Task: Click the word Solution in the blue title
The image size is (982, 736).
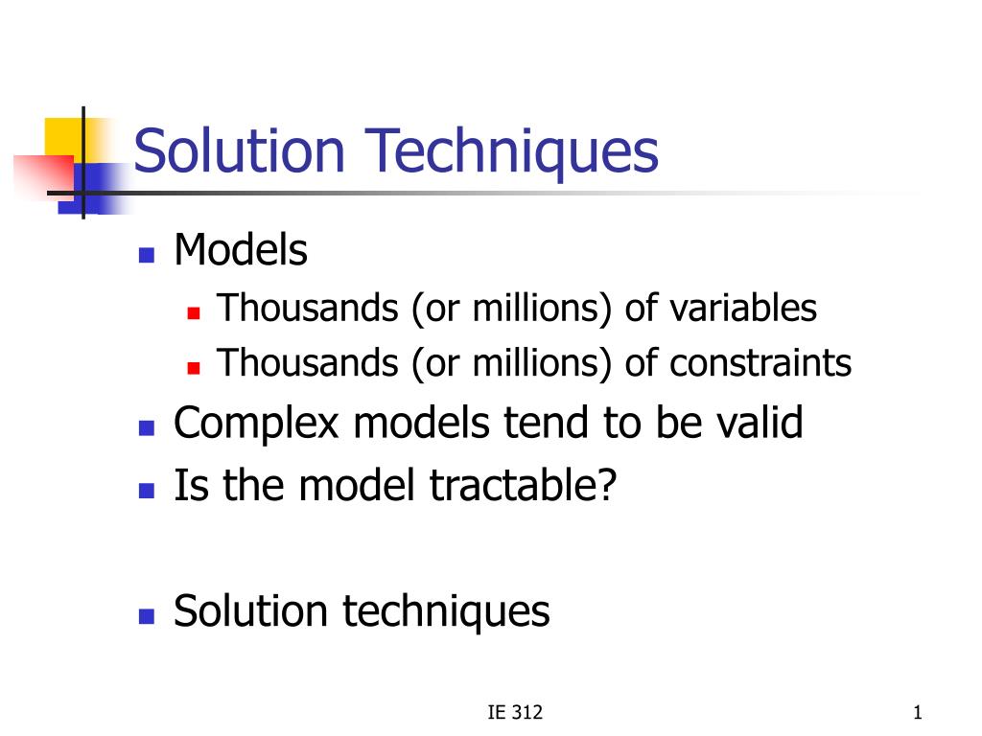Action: coord(239,150)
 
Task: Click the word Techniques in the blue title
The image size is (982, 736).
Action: coord(511,153)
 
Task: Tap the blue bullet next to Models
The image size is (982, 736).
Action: coord(147,255)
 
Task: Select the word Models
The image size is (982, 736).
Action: coord(241,250)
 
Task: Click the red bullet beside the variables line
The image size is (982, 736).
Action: coord(194,312)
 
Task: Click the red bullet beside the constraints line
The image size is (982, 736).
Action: coord(194,367)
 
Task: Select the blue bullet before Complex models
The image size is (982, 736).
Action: coord(147,428)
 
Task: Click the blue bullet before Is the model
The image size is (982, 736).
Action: coord(147,490)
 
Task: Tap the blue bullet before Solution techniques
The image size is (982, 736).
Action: coord(147,616)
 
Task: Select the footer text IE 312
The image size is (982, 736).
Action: coord(515,712)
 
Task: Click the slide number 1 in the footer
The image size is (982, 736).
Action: coord(918,712)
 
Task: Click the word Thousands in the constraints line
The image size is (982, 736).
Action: coord(308,363)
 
